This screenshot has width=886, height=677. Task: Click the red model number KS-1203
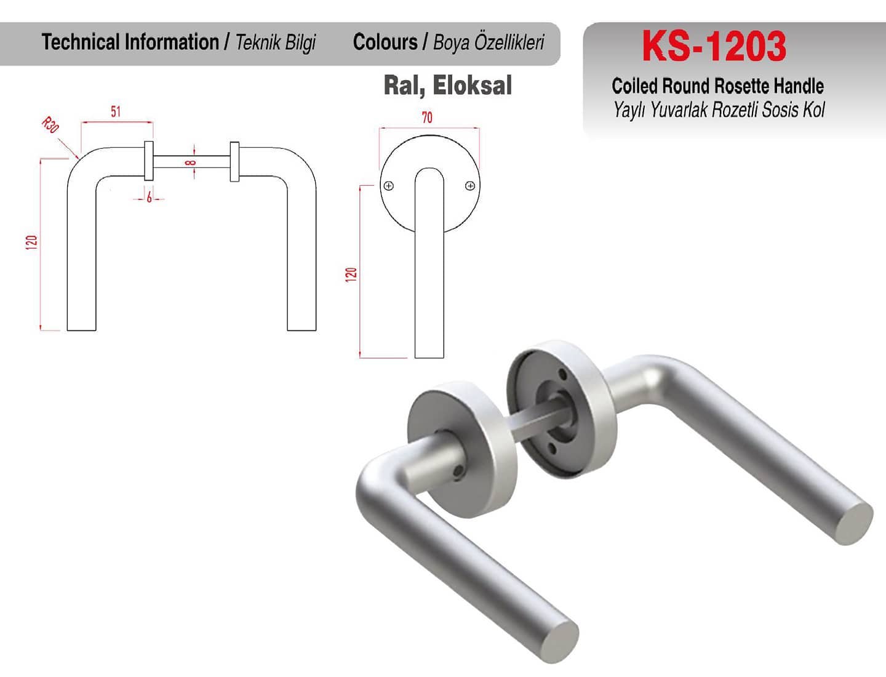click(714, 46)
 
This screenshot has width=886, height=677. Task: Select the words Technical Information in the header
click(130, 42)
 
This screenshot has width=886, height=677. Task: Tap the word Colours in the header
click(385, 42)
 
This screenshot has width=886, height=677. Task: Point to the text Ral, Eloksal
click(448, 85)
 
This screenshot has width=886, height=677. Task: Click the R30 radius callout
click(50, 125)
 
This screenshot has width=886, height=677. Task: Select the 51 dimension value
click(116, 111)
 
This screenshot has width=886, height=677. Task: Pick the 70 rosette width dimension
click(427, 118)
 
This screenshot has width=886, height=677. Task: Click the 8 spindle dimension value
click(190, 162)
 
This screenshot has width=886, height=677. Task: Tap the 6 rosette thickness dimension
click(150, 197)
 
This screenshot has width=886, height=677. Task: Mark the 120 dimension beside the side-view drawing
click(31, 242)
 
